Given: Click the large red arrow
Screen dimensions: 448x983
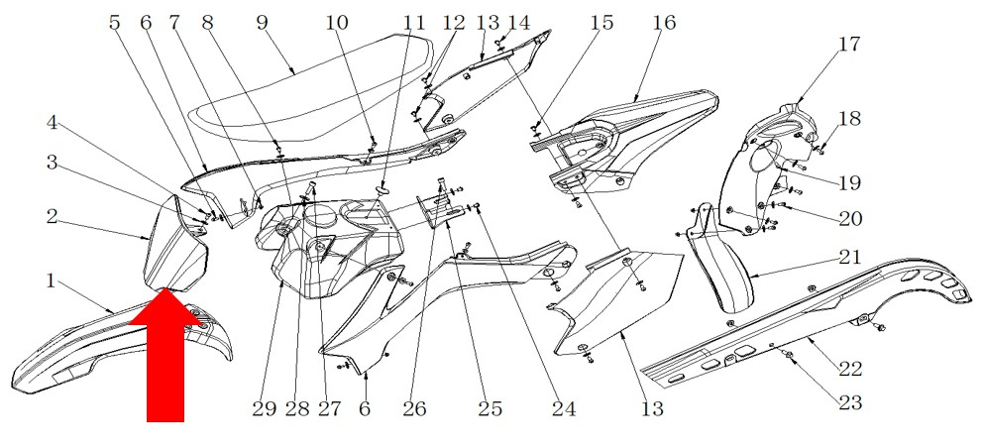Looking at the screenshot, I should (x=165, y=357).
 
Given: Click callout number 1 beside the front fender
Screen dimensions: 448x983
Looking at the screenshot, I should (x=51, y=281).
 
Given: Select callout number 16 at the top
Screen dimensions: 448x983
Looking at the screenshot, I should (x=663, y=22).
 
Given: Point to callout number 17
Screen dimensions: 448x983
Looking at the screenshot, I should (x=849, y=45).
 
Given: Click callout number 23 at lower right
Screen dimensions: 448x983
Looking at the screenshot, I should (x=849, y=402).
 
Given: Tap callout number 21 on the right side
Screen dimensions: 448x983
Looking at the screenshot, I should (x=849, y=257).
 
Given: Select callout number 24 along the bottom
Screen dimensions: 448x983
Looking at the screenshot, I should (x=564, y=408).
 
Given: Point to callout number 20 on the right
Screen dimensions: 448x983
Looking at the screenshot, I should (x=849, y=218).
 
